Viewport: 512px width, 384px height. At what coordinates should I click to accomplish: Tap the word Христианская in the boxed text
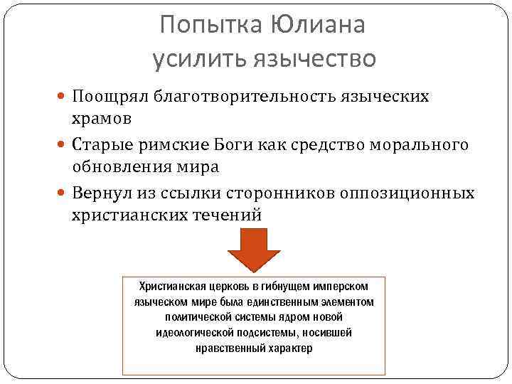(171, 286)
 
